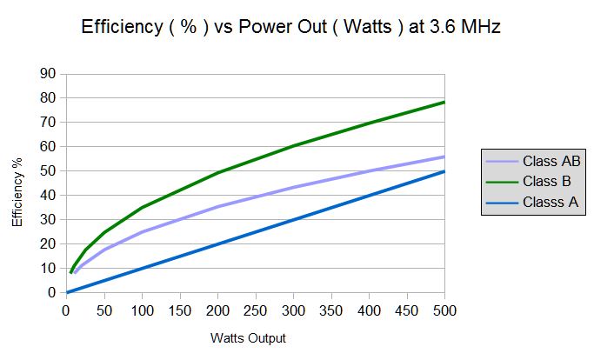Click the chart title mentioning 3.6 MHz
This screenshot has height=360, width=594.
(290, 27)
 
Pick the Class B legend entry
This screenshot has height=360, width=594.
(547, 183)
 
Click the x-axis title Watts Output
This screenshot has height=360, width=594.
(247, 337)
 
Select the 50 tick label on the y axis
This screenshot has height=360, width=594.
(49, 171)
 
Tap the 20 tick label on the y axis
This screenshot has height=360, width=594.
(49, 244)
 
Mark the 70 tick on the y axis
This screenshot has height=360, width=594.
(49, 123)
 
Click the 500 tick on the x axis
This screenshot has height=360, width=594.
(444, 310)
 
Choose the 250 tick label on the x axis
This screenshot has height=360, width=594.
(256, 310)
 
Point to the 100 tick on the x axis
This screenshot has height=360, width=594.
(142, 310)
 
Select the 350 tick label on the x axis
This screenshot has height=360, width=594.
(331, 310)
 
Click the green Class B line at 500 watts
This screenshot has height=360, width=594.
(444, 103)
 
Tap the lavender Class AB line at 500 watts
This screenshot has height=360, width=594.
(444, 157)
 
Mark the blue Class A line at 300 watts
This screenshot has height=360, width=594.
(293, 220)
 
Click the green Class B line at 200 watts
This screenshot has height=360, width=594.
(217, 173)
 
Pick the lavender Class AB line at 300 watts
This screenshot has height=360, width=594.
(293, 188)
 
